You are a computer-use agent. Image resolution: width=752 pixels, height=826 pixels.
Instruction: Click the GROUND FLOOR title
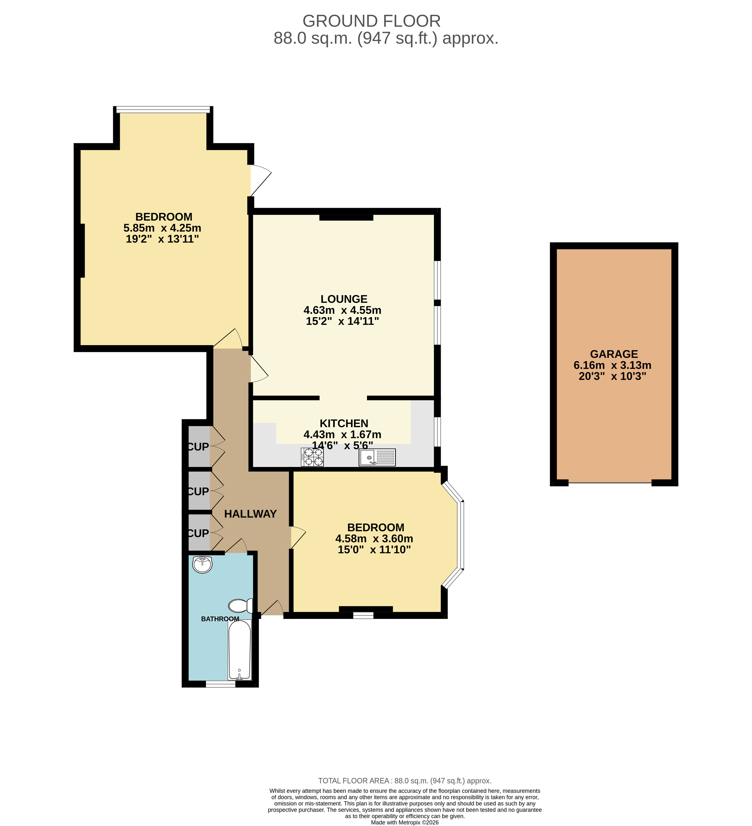coord(371,21)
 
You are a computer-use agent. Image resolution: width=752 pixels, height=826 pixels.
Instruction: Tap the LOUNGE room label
coord(344,299)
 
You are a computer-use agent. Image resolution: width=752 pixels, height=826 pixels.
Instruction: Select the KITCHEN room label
coord(344,423)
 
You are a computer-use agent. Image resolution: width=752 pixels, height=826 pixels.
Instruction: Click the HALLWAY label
coord(251,514)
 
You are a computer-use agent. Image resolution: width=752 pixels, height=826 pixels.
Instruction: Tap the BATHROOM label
coord(220,619)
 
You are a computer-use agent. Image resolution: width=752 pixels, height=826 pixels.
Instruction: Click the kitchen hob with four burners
coord(312,457)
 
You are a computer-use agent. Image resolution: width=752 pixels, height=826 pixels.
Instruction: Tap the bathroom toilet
coord(241,605)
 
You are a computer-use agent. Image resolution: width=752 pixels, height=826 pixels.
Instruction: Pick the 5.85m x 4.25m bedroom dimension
coord(162,228)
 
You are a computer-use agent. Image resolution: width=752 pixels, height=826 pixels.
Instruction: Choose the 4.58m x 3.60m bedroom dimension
coord(374,538)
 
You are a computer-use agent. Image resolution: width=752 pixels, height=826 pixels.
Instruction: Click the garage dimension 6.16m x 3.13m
coord(612,365)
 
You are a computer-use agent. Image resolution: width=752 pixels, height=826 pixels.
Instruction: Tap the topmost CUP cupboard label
coord(198,446)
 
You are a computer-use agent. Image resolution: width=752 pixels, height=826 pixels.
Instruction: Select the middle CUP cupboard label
coord(198,491)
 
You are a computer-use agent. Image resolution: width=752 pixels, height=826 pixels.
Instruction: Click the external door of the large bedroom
coord(261,180)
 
